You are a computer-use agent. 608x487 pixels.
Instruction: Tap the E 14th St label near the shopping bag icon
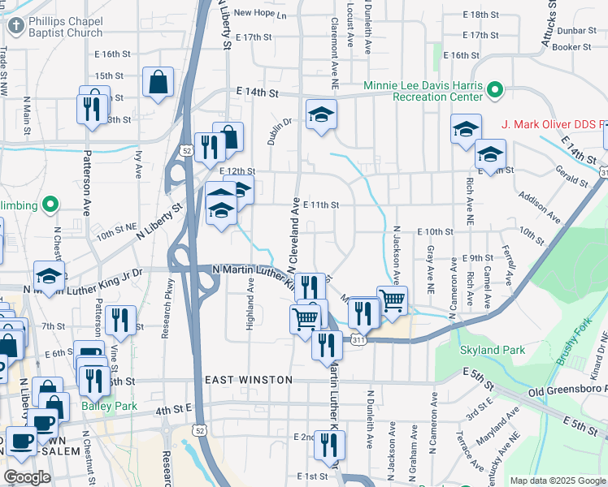click(257, 93)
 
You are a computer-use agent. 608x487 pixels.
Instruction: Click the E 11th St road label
click(320, 205)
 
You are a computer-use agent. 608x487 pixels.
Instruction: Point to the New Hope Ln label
click(260, 14)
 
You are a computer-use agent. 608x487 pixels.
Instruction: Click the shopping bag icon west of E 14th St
click(158, 81)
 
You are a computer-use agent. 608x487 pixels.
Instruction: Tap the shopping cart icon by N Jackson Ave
click(393, 300)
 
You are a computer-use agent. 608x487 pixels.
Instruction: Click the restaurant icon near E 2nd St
click(329, 444)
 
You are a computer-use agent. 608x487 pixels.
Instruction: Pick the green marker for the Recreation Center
click(495, 90)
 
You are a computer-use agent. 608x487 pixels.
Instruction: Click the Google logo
click(27, 477)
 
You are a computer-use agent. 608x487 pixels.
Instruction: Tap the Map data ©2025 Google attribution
click(558, 481)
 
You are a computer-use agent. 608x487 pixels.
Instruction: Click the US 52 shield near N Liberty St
click(188, 150)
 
